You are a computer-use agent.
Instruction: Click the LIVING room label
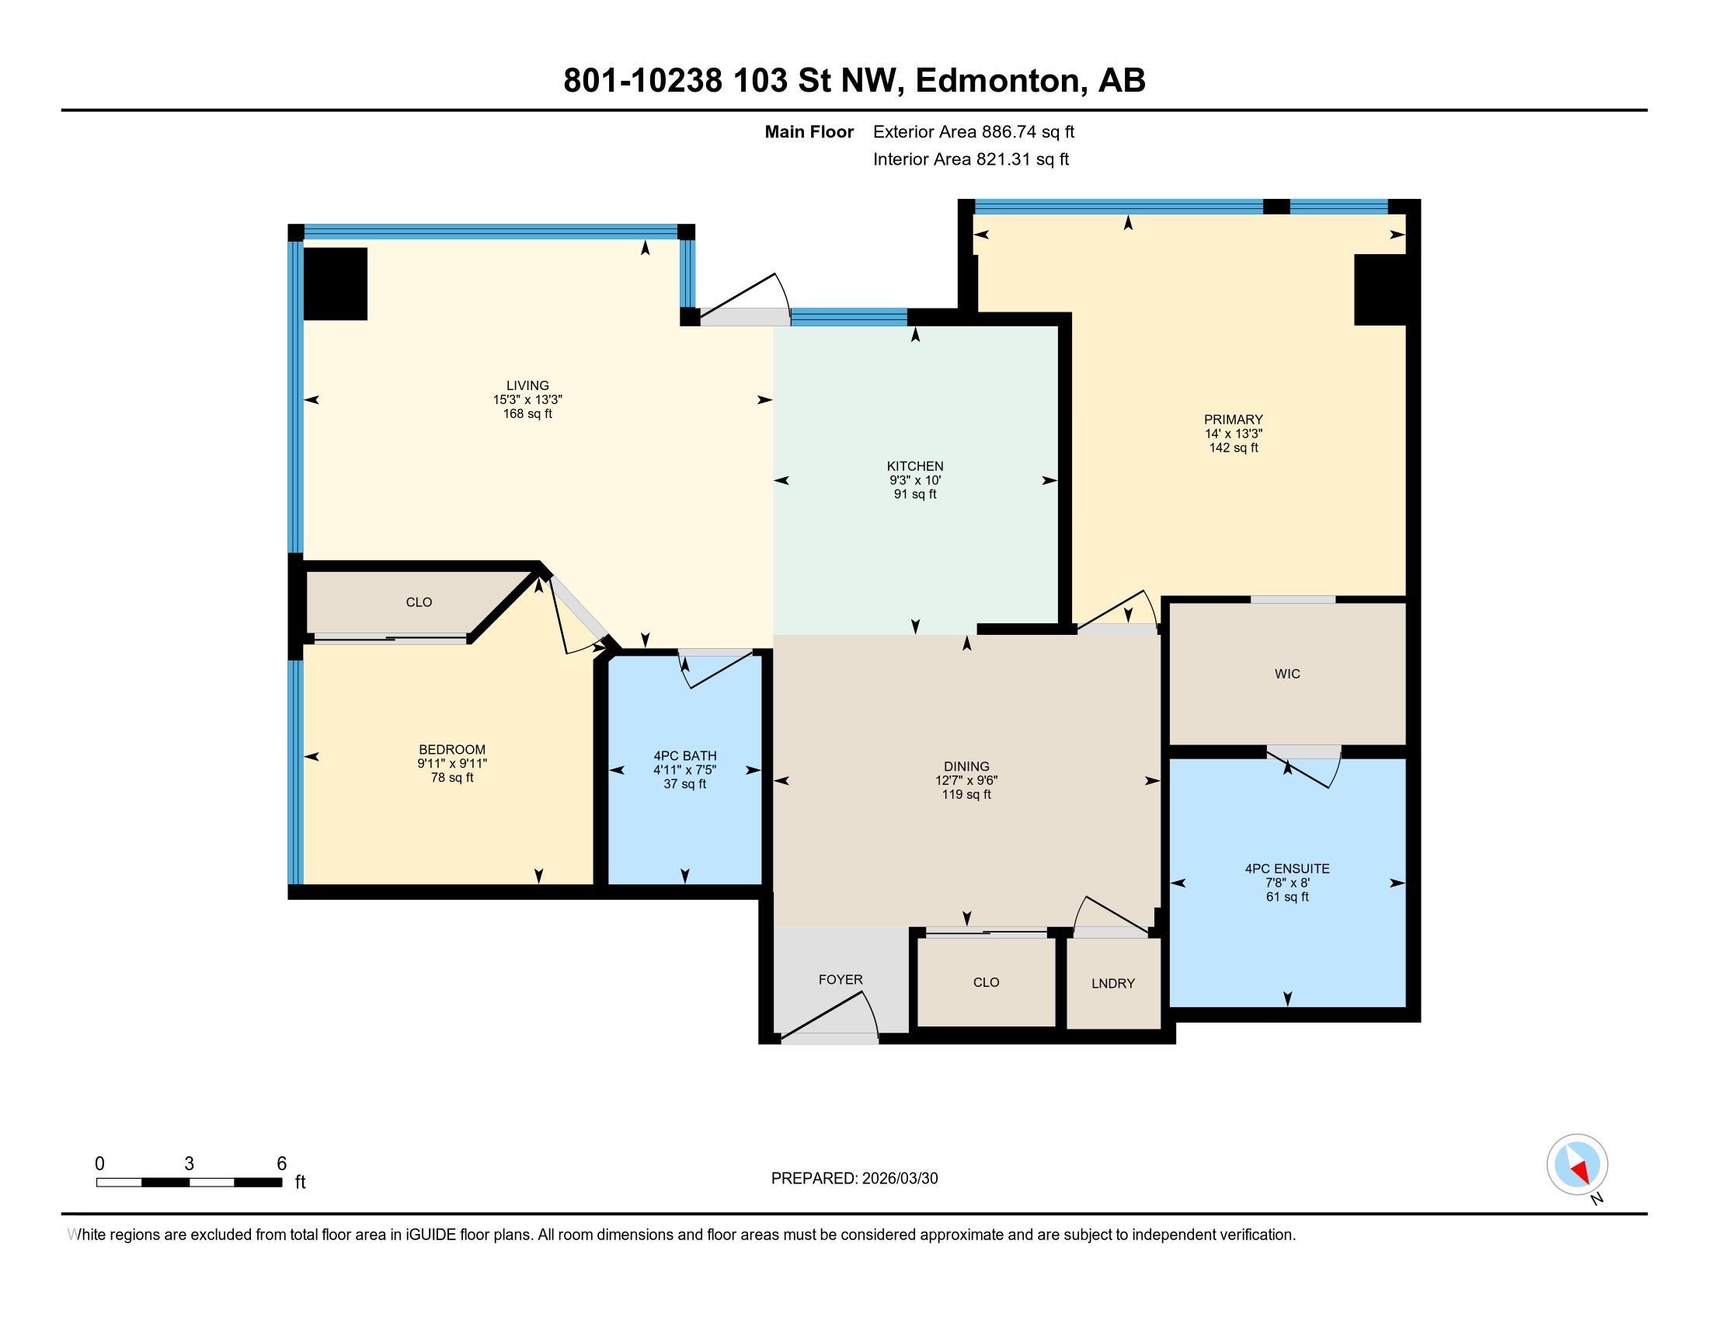(527, 385)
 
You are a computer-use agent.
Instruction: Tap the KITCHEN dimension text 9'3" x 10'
(915, 480)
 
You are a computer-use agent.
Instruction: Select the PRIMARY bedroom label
(1234, 420)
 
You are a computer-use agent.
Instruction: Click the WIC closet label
(1287, 674)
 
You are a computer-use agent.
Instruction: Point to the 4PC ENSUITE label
(1287, 869)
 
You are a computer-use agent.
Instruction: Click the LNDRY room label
(1112, 984)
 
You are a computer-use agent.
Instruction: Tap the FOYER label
(841, 980)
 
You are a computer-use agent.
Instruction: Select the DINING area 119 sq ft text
(966, 795)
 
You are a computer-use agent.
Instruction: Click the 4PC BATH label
(684, 756)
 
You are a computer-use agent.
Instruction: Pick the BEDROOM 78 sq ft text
(452, 778)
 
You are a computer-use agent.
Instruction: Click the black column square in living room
(335, 284)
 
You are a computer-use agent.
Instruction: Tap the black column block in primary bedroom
(1380, 290)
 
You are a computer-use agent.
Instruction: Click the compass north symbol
(1577, 1164)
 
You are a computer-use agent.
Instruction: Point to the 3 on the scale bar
(189, 1164)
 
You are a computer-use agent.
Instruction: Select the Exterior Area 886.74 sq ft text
(973, 132)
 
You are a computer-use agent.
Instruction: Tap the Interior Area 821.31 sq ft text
(970, 159)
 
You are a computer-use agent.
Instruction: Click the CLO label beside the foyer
(986, 982)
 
